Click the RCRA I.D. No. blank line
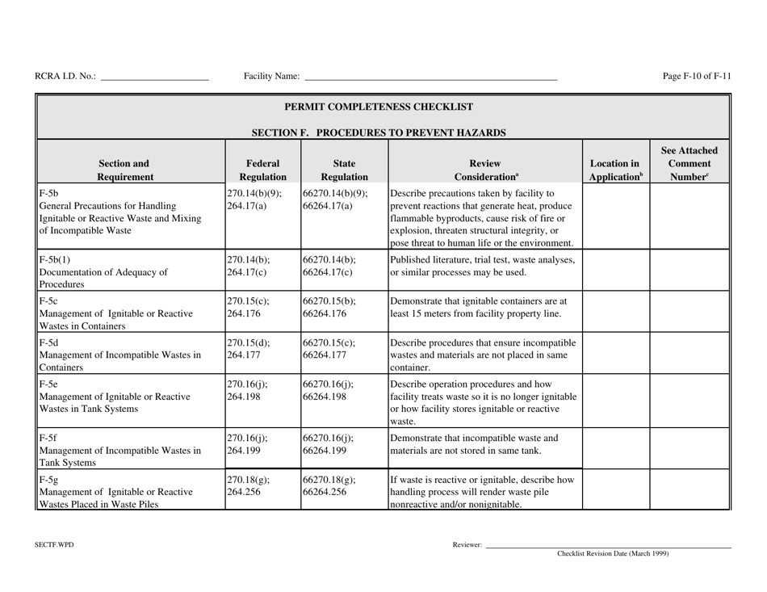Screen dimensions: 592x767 tap(153, 78)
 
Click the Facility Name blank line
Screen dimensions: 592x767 tap(430, 78)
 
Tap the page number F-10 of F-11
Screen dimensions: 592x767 tap(696, 77)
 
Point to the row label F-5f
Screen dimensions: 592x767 tap(47, 439)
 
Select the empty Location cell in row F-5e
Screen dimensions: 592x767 tap(615, 399)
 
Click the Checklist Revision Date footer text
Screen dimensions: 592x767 tap(613, 554)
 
